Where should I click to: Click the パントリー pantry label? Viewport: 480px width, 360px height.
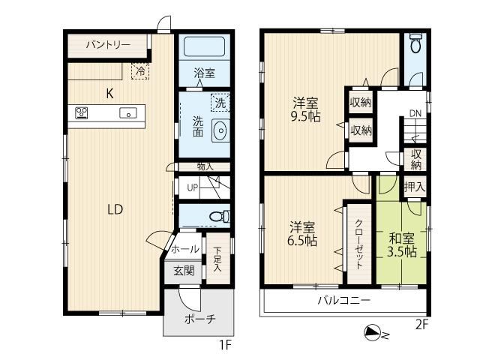point(108,45)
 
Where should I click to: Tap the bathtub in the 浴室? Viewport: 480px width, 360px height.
point(204,46)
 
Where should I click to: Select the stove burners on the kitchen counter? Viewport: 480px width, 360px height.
point(82,112)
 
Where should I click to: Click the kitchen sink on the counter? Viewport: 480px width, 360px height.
point(128,113)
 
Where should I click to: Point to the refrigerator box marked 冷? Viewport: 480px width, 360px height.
point(140,71)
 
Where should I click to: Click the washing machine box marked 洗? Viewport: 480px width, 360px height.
point(220,103)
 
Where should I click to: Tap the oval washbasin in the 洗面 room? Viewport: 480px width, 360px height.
point(220,130)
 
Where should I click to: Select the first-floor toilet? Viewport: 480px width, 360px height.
point(220,216)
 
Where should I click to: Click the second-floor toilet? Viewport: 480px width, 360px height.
point(415,43)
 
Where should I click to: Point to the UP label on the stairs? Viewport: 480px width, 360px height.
point(193,187)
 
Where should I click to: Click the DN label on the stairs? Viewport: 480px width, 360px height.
point(415,113)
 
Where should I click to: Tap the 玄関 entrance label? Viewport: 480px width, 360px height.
point(184,271)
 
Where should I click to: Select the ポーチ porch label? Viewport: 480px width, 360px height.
point(200,319)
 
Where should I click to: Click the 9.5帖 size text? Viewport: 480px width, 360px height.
point(305,117)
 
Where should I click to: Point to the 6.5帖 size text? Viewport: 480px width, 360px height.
point(301,241)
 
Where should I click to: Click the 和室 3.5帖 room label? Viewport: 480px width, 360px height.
point(402,245)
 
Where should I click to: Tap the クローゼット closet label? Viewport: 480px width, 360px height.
point(358,244)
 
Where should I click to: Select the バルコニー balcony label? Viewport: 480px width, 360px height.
point(343,300)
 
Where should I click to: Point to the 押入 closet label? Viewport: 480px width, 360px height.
point(415,187)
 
